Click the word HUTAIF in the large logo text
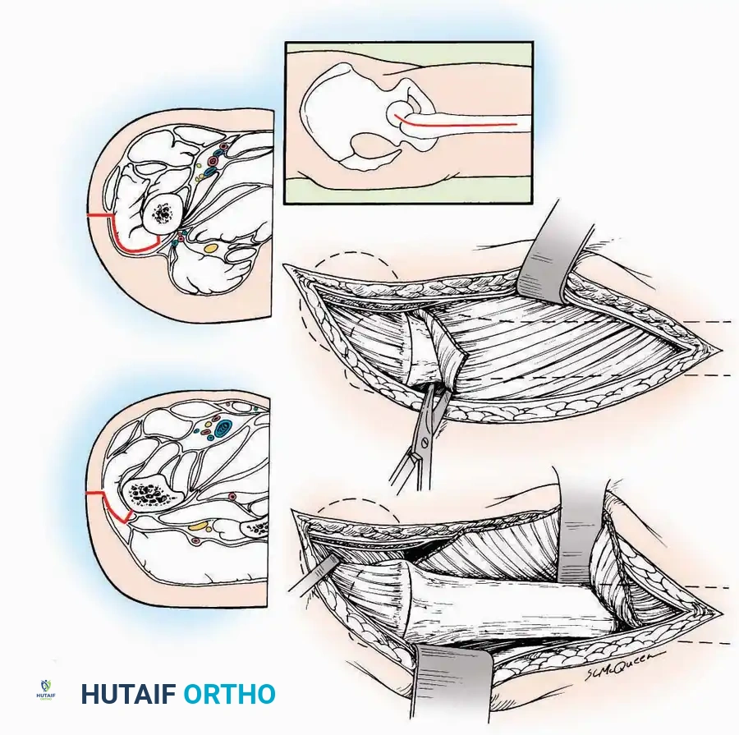tap(128, 694)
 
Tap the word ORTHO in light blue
tap(229, 694)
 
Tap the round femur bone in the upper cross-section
tap(163, 214)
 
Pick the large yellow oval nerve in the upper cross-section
tap(211, 247)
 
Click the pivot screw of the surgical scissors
tap(425, 443)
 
